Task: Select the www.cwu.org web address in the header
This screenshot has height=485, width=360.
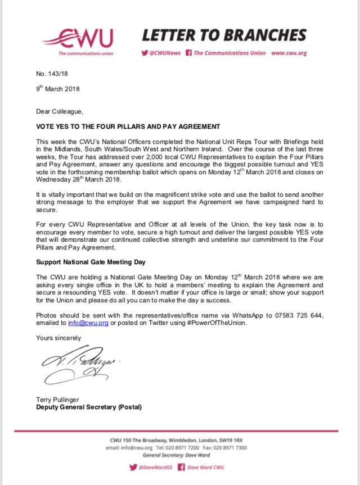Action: (288, 53)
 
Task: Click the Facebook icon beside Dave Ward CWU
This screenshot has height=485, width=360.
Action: (182, 467)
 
